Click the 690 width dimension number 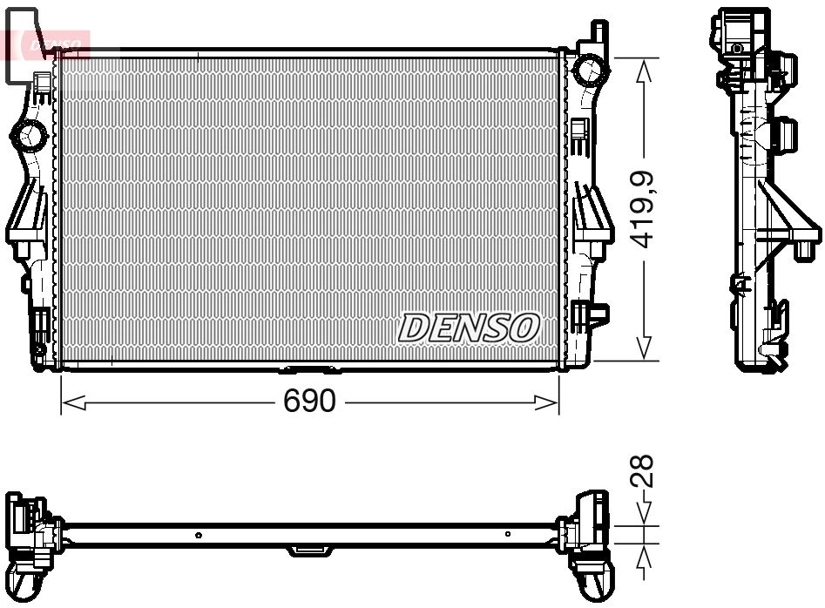pyautogui.click(x=309, y=402)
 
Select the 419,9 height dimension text pyautogui.click(x=644, y=210)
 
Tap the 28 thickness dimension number pyautogui.click(x=644, y=472)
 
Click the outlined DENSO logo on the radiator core pyautogui.click(x=470, y=328)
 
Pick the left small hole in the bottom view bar pyautogui.click(x=199, y=535)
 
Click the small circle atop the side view pyautogui.click(x=737, y=48)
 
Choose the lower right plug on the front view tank pyautogui.click(x=599, y=311)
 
